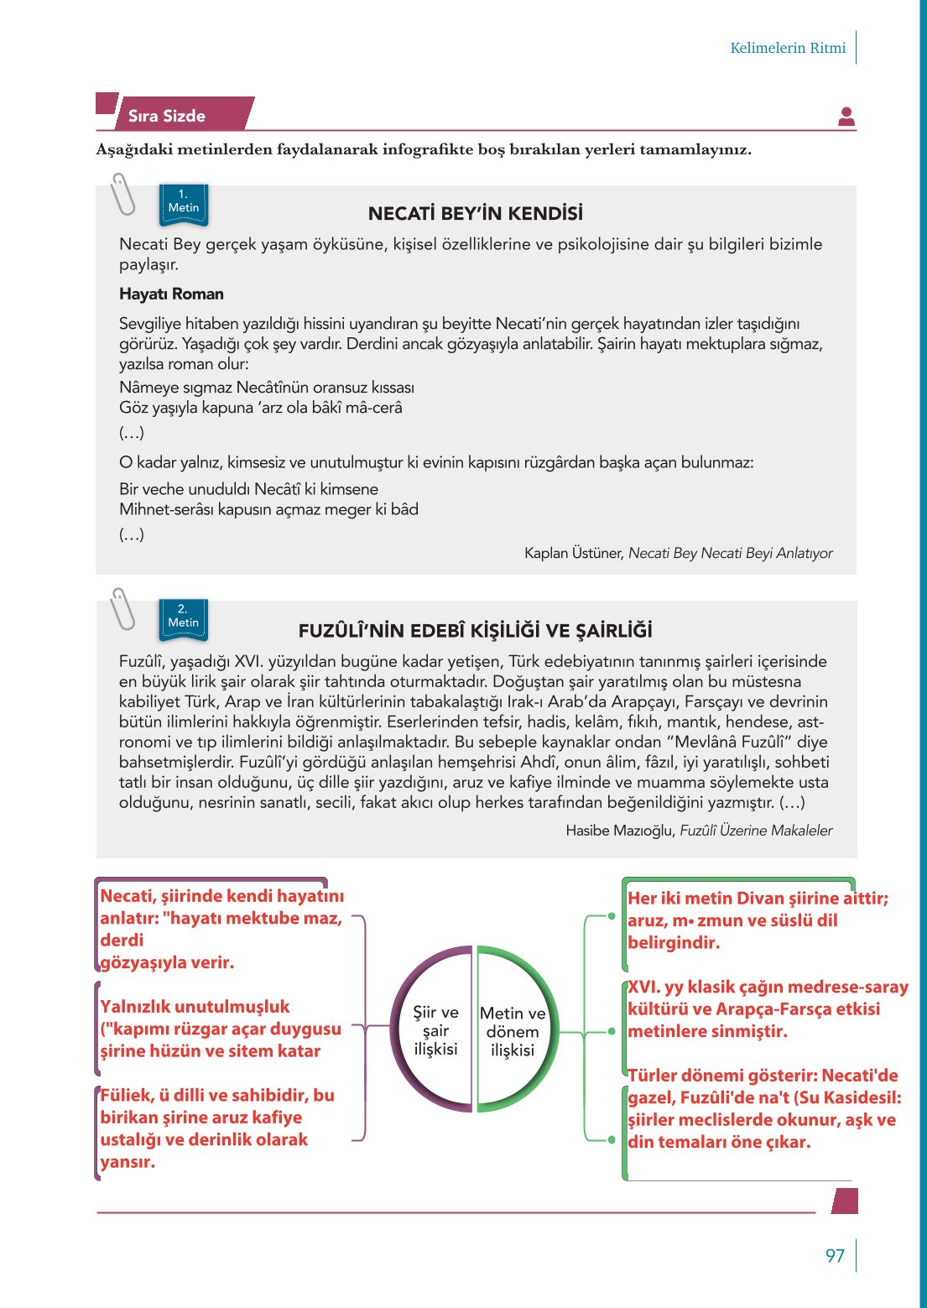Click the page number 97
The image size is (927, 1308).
[835, 1255]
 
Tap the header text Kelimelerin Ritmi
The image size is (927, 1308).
[788, 48]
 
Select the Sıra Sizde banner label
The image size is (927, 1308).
[167, 117]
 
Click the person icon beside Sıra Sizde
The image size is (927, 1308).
[846, 117]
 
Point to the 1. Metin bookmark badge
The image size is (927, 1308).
[184, 204]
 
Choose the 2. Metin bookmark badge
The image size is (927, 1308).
[184, 619]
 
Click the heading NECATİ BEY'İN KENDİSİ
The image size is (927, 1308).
[476, 214]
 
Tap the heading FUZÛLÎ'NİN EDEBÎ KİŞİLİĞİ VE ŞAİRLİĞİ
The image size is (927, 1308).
[476, 631]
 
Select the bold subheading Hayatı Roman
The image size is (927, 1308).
[171, 294]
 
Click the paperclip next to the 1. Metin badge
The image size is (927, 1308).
[123, 194]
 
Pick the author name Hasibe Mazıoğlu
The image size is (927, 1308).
[620, 831]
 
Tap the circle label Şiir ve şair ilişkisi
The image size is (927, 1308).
[435, 1031]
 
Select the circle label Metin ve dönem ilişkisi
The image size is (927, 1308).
[513, 1032]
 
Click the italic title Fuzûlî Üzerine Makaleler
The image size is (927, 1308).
[756, 831]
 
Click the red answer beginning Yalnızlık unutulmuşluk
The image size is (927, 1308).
[220, 1029]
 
